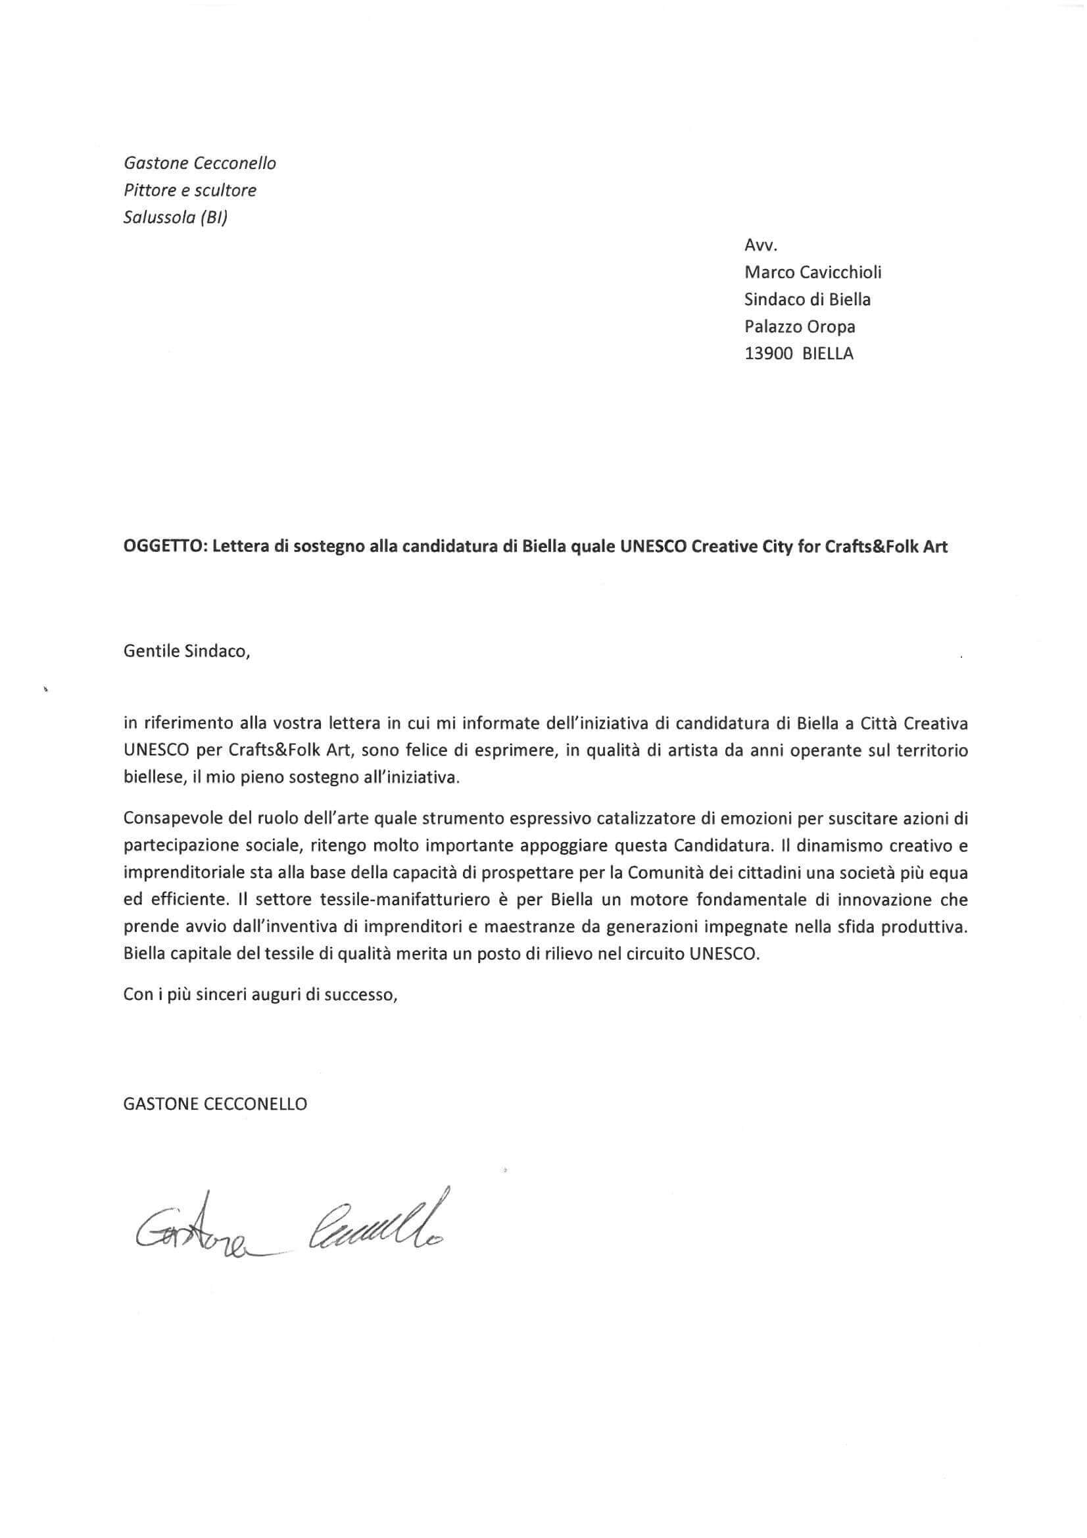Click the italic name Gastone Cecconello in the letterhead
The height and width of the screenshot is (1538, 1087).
click(x=200, y=163)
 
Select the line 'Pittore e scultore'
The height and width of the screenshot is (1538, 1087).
click(x=190, y=190)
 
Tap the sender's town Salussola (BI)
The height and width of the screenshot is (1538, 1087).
click(x=176, y=218)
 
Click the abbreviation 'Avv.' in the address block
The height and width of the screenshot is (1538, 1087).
click(x=760, y=246)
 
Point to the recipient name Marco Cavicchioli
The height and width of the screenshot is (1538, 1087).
click(x=813, y=272)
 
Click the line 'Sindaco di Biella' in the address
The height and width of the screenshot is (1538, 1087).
click(x=807, y=299)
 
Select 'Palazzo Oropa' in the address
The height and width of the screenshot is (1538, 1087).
click(x=800, y=326)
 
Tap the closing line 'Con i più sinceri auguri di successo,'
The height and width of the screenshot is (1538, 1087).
click(x=260, y=995)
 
